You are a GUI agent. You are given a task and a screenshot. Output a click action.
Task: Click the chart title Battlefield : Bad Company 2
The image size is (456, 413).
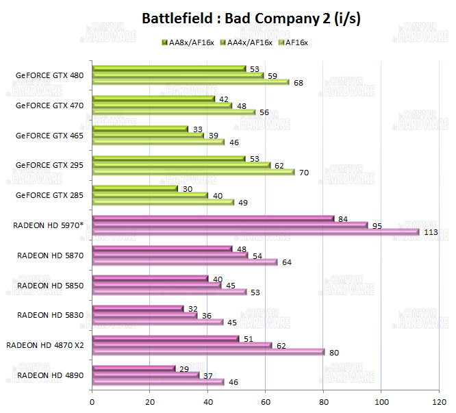coord(251,18)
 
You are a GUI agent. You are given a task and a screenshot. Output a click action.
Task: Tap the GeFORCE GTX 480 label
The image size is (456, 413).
coord(50,75)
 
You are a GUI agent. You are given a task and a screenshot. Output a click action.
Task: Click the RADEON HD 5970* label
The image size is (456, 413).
coord(49,225)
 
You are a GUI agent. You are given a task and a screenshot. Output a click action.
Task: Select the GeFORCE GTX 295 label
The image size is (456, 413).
coord(50,165)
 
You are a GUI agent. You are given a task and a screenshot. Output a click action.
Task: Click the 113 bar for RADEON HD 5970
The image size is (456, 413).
coord(255,231)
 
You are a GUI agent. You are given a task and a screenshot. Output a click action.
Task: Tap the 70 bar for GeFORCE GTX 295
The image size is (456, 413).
coord(192,172)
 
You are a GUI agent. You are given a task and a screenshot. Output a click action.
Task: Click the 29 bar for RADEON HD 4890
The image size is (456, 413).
coord(134,368)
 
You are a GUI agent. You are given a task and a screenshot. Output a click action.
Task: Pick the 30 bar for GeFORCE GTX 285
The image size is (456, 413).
coord(135,188)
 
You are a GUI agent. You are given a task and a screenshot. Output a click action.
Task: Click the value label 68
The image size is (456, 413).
coord(299,83)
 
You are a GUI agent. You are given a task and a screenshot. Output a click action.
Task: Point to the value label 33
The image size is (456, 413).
coord(197,129)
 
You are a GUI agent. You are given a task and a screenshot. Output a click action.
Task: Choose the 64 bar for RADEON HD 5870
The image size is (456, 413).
coord(184,262)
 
